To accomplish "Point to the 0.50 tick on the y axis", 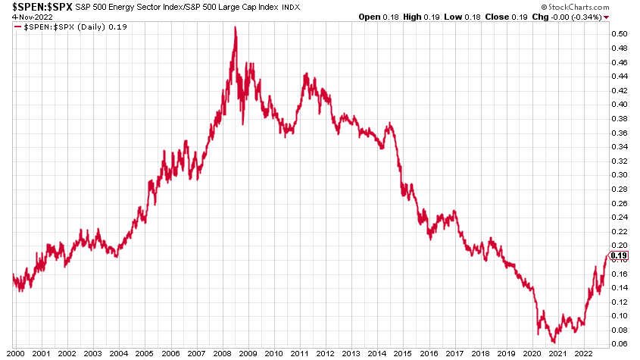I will [x=620, y=34].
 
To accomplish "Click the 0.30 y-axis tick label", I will [x=620, y=175].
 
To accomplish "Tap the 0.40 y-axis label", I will [x=620, y=105].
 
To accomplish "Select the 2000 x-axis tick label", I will [x=14, y=353].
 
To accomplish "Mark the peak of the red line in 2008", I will [x=235, y=27].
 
